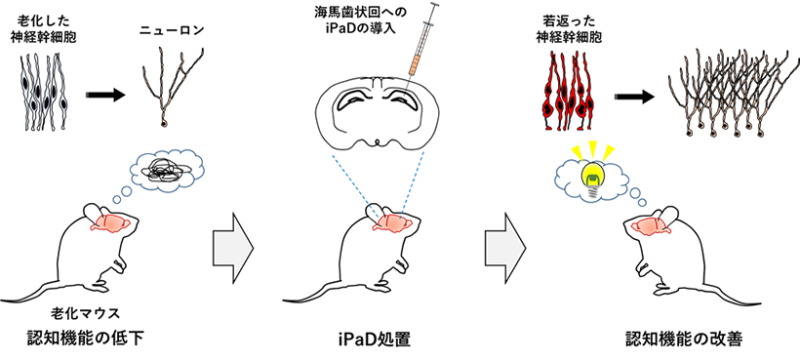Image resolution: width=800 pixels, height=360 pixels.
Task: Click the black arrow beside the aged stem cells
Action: click(x=104, y=96)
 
